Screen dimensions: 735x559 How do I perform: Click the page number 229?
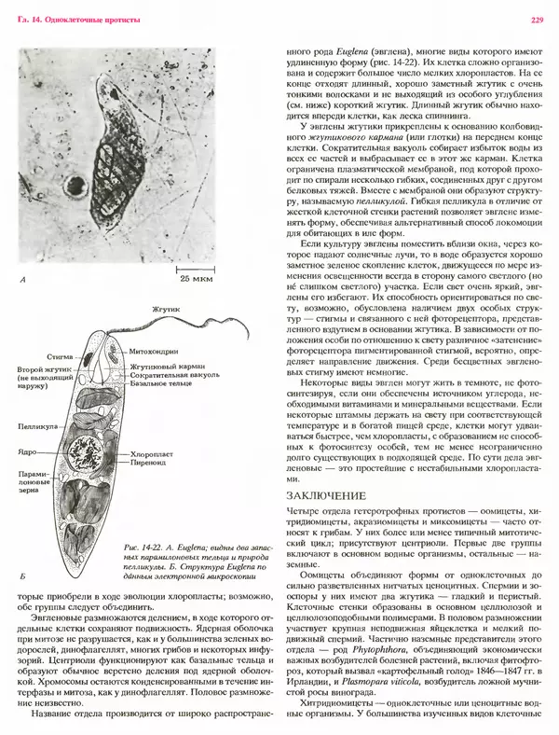[537, 20]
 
